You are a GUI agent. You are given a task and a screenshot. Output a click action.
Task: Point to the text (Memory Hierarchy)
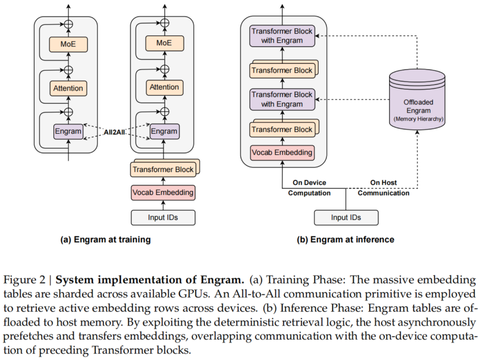[x=418, y=119]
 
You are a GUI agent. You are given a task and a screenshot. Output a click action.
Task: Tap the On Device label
[x=309, y=183]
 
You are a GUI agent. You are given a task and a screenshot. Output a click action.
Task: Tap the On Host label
[x=384, y=183]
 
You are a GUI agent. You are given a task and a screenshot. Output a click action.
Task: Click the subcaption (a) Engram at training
[x=105, y=240]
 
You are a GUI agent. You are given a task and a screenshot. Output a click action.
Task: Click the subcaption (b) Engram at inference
[x=346, y=240]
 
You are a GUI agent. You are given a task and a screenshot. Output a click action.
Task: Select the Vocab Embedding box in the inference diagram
[x=282, y=153]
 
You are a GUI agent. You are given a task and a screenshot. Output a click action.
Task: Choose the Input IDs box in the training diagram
[x=163, y=217]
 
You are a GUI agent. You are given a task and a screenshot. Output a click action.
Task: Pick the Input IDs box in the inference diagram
[x=346, y=218]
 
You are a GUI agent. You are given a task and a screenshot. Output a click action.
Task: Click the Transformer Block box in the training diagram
[x=163, y=170]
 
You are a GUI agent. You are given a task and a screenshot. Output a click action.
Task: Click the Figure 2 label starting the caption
[x=26, y=281]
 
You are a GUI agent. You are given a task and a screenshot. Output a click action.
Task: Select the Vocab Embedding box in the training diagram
[x=163, y=193]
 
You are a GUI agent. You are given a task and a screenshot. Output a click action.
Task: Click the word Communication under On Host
[x=384, y=193]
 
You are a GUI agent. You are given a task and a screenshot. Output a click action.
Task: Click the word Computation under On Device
[x=309, y=193]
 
